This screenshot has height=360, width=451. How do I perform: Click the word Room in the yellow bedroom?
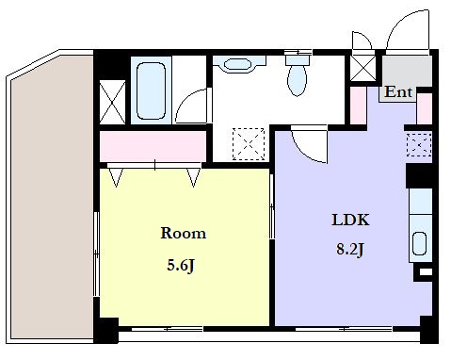[184, 233]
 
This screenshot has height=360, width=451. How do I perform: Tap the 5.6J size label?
[181, 266]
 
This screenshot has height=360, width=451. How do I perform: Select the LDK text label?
[350, 220]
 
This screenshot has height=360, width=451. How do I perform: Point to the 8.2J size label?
[350, 250]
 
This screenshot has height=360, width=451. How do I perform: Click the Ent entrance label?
[398, 92]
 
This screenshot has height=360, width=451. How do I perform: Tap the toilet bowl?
[297, 80]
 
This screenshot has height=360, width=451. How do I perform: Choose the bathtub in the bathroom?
[151, 90]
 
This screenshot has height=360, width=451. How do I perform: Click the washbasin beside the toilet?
[238, 64]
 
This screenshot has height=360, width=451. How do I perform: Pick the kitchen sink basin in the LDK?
[419, 243]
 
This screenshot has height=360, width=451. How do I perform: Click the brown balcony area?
[52, 197]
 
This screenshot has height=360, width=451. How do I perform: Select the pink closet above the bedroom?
[153, 146]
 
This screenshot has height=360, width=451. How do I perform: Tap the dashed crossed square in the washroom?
[249, 144]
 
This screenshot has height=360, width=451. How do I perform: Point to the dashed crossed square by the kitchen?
[419, 144]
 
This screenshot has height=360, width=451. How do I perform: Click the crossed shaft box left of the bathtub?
[112, 102]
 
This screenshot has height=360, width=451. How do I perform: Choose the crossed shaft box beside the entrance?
[363, 68]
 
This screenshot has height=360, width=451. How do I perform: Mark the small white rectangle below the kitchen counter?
[426, 271]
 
